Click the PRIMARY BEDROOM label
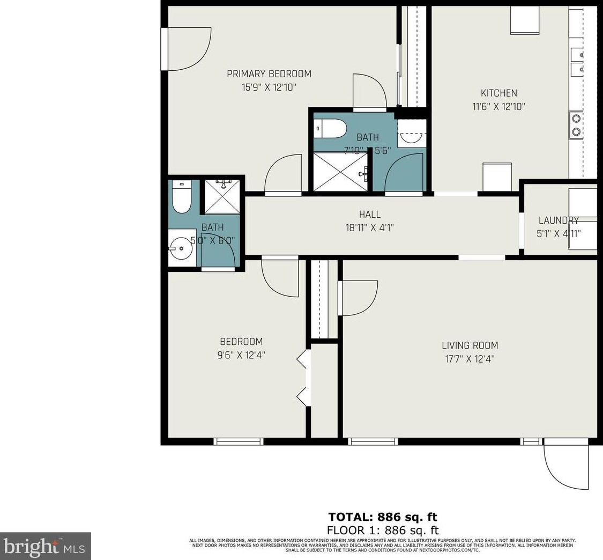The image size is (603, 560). click(x=269, y=74)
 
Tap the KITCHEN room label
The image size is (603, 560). click(x=498, y=93)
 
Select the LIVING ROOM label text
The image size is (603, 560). click(x=470, y=345)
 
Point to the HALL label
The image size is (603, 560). click(x=370, y=215)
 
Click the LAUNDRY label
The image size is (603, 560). click(x=559, y=220)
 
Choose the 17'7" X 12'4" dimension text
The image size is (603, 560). click(x=470, y=359)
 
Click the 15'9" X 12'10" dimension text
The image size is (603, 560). click(x=269, y=87)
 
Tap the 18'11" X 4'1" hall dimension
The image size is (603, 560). click(x=370, y=227)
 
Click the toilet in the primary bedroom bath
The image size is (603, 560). click(x=330, y=128)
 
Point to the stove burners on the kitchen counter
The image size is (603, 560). click(x=576, y=125)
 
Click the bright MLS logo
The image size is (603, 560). click(x=45, y=546)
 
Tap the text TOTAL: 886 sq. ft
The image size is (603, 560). click(x=382, y=517)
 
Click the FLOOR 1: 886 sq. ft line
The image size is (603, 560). click(x=382, y=530)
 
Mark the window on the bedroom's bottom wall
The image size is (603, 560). click(x=238, y=441)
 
